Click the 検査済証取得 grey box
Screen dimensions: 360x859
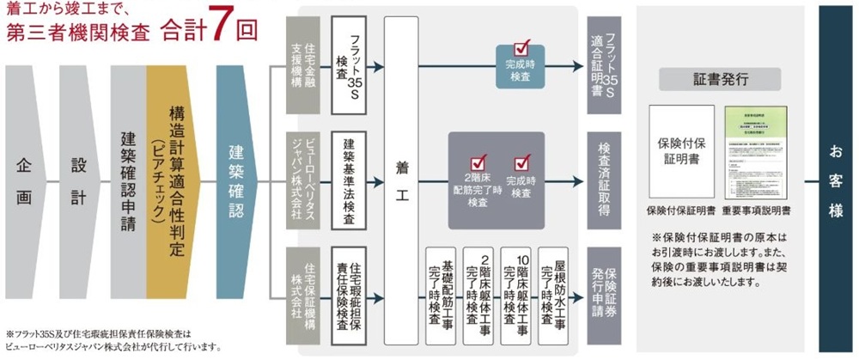[606, 181]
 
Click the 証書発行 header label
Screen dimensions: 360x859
[720, 79]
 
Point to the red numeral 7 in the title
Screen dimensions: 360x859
[219, 26]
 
